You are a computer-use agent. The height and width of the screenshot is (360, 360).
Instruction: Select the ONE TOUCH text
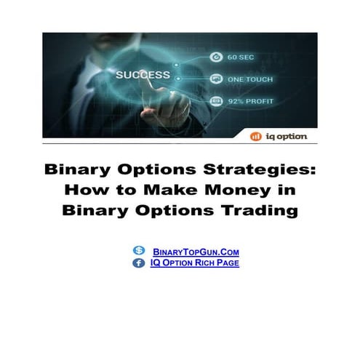click(251, 79)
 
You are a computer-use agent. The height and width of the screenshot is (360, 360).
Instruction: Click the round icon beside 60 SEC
click(215, 57)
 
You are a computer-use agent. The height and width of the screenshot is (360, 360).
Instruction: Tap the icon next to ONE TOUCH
click(215, 79)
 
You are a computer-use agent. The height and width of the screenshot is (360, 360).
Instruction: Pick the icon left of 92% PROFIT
click(215, 100)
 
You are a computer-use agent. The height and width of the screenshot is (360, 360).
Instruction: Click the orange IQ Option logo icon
click(255, 136)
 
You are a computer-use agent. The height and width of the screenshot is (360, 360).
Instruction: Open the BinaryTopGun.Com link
click(196, 252)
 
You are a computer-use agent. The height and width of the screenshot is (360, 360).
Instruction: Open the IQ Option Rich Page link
click(194, 263)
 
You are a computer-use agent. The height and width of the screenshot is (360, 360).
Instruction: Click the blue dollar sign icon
click(139, 251)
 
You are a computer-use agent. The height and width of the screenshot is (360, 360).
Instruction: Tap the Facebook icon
click(138, 263)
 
